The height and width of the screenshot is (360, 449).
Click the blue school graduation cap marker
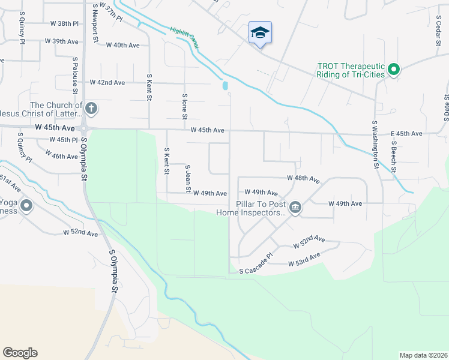point(260,32)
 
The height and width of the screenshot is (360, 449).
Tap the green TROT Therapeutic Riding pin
point(394,70)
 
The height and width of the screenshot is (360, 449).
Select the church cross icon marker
point(91,109)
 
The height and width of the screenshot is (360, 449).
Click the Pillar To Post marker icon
point(295,208)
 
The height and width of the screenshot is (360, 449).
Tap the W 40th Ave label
point(122,45)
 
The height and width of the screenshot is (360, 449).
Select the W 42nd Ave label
point(107,82)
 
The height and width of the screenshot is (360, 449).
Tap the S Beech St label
point(394,157)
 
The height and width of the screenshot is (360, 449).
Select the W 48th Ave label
point(303,179)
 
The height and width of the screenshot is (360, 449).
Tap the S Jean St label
point(188,179)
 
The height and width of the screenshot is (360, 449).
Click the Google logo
point(20,353)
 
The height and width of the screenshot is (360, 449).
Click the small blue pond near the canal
point(225,86)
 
